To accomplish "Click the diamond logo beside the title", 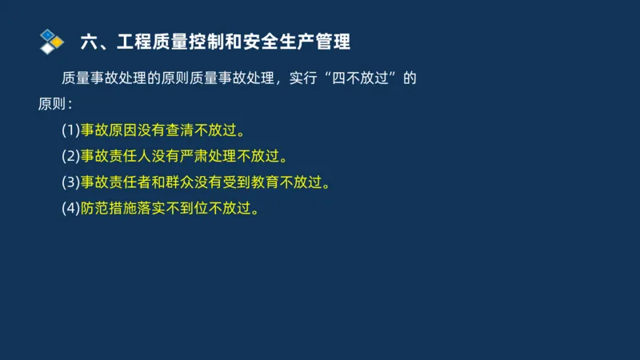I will pos(51,40).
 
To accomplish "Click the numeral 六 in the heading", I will pos(90,40).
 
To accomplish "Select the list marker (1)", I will pos(70,130).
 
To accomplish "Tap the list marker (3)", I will pos(70,182).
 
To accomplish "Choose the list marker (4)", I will pos(70,208).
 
